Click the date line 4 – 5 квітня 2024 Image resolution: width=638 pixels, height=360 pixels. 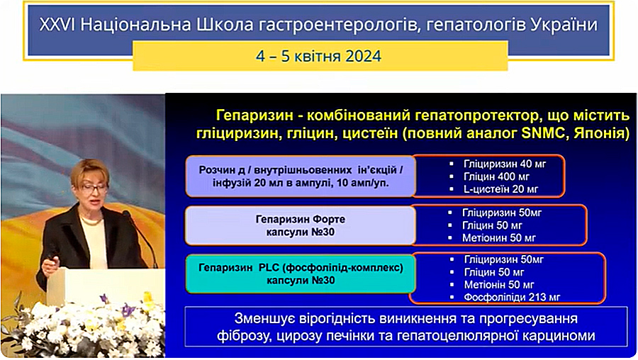pyautogui.click(x=318, y=56)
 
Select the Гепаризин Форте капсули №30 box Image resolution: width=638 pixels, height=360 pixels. pyautogui.click(x=301, y=226)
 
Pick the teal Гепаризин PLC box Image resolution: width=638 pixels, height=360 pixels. pyautogui.click(x=301, y=274)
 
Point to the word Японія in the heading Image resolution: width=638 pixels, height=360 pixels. pyautogui.click(x=598, y=133)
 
